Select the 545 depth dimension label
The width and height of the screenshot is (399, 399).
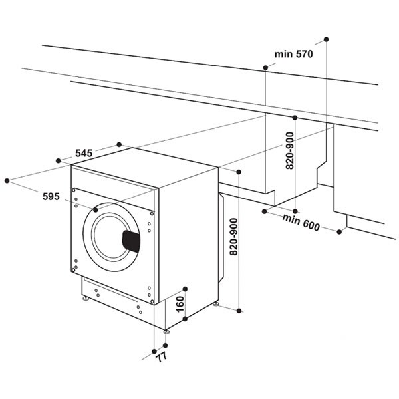click(x=83, y=153)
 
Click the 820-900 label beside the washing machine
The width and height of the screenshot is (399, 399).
click(x=233, y=239)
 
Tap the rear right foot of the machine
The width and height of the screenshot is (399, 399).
click(x=215, y=304)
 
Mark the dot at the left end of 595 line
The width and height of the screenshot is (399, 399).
click(x=7, y=180)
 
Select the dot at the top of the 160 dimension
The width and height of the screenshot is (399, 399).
click(x=186, y=288)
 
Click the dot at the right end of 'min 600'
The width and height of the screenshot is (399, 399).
click(x=340, y=232)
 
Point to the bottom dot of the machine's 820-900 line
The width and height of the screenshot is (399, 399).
click(x=239, y=309)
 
